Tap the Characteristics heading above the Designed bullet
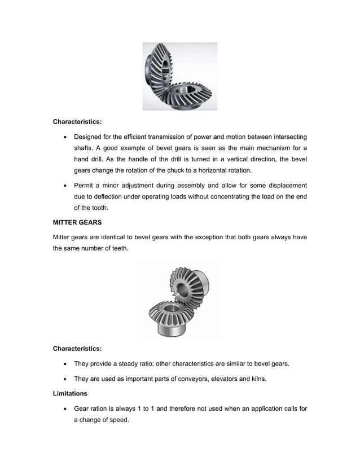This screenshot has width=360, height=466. pyautogui.click(x=77, y=121)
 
